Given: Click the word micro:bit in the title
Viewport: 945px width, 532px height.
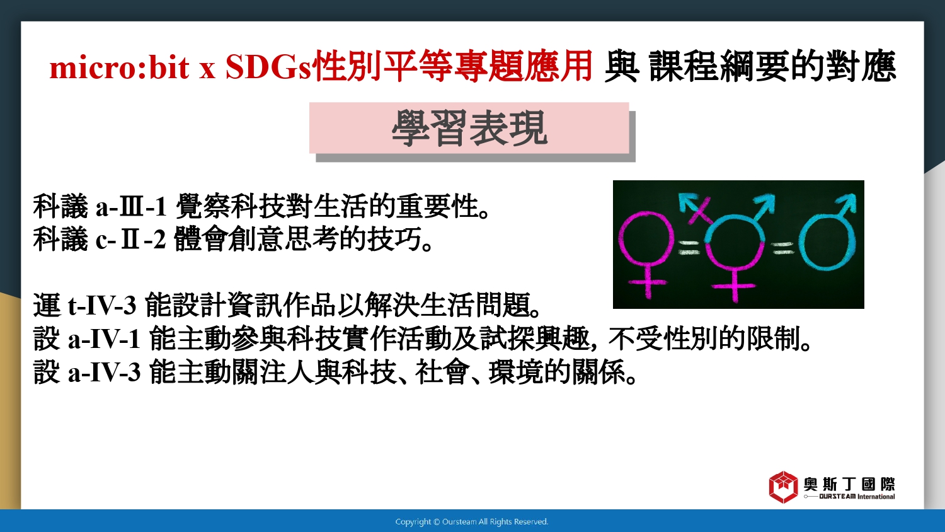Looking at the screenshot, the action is click(x=120, y=67).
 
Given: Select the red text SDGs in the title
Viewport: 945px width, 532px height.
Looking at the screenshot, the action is click(x=268, y=67).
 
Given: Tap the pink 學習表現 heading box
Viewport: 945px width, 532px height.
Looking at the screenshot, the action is click(x=469, y=128).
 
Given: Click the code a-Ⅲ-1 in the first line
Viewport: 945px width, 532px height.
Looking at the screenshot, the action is click(x=131, y=207).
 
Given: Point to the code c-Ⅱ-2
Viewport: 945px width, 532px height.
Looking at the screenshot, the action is click(x=131, y=240).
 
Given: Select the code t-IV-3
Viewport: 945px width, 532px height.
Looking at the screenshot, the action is click(x=102, y=305).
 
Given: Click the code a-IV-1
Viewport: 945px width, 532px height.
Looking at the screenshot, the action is click(x=104, y=338).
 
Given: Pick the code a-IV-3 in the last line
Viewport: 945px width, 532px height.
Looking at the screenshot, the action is click(x=104, y=373).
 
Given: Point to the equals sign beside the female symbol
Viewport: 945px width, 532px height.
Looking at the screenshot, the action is click(x=689, y=248).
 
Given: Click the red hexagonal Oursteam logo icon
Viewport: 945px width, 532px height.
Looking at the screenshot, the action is click(x=784, y=487).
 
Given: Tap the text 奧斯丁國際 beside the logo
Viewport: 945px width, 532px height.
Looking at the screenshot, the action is click(x=849, y=484).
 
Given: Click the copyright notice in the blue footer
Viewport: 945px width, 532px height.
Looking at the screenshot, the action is click(x=472, y=522).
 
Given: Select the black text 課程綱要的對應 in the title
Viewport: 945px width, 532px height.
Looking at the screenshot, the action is click(x=772, y=67).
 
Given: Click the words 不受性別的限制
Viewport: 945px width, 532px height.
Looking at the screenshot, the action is click(x=709, y=338).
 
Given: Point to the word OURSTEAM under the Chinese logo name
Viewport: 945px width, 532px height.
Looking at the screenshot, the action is click(x=837, y=497).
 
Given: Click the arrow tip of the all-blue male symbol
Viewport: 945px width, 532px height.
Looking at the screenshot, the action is click(x=854, y=195).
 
